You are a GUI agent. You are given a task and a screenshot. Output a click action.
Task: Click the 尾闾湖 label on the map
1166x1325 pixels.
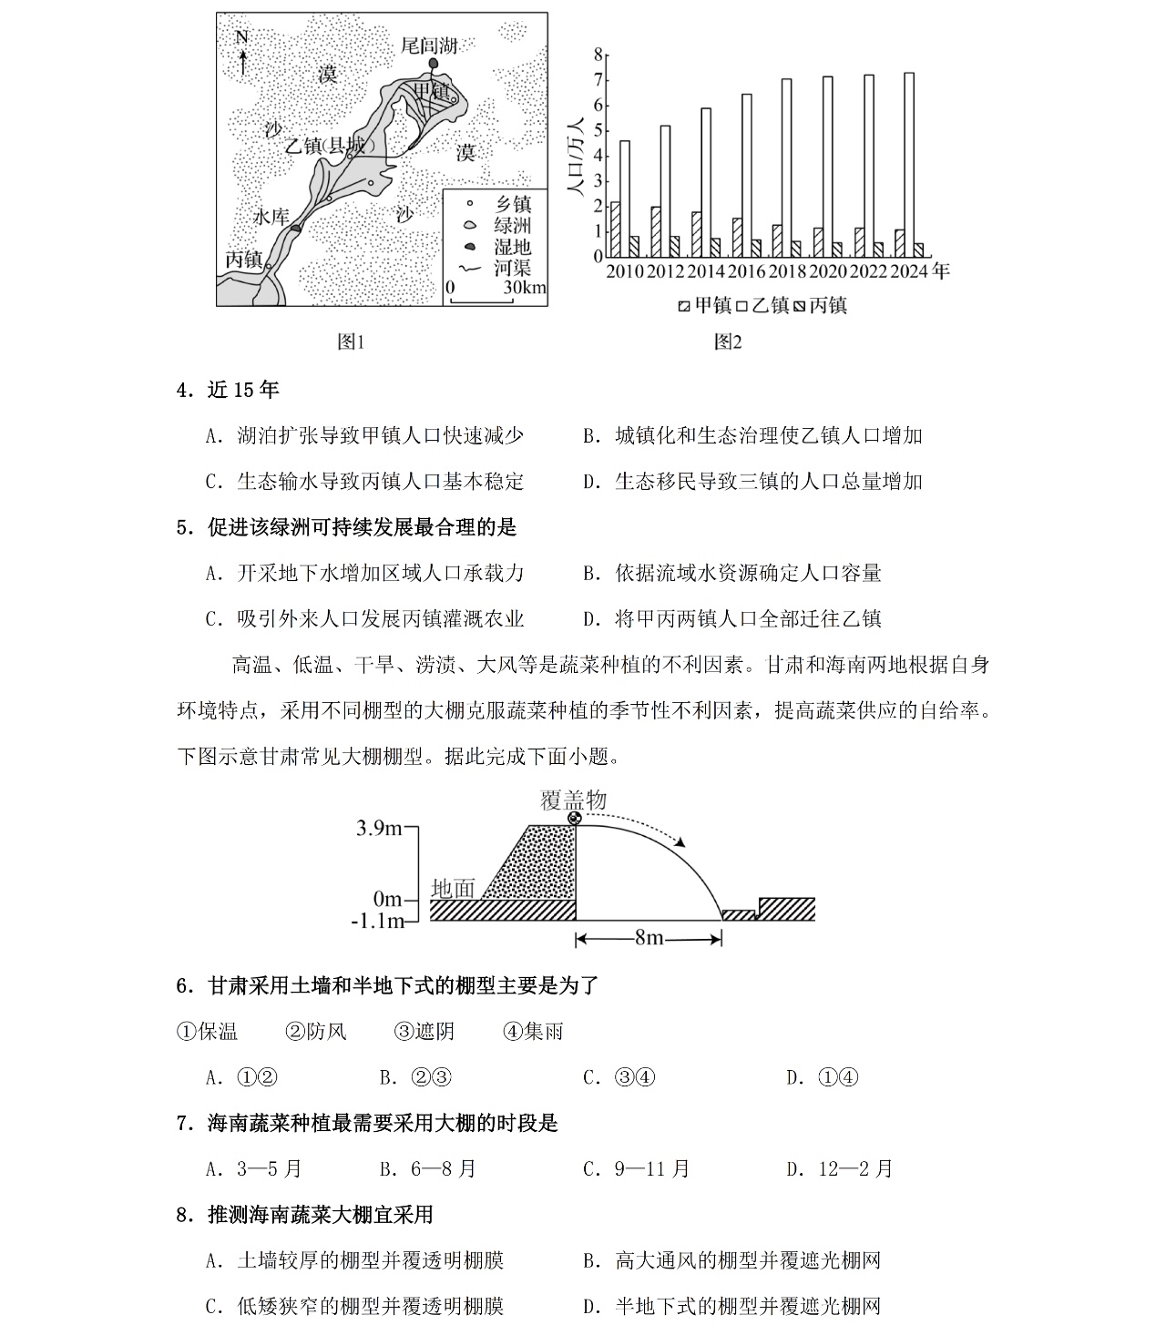(429, 46)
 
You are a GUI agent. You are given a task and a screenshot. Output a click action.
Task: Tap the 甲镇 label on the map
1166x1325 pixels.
(433, 91)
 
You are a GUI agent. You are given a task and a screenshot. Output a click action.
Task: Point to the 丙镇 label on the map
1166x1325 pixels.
(243, 260)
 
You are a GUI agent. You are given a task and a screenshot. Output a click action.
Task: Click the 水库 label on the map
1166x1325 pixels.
(271, 218)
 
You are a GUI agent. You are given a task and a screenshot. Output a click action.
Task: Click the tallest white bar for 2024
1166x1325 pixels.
(909, 164)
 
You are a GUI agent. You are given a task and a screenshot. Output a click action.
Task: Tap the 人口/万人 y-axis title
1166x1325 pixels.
(575, 155)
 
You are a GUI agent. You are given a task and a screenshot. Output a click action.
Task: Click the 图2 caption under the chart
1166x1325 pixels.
(727, 341)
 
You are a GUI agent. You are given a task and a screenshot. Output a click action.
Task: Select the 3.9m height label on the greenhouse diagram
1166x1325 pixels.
(380, 828)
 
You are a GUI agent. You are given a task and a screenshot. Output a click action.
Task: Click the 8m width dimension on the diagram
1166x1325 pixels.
(649, 937)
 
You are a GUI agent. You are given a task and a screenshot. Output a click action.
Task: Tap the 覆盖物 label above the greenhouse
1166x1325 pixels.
(573, 800)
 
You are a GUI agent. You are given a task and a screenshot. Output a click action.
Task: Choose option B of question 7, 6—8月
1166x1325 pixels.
(428, 1168)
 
